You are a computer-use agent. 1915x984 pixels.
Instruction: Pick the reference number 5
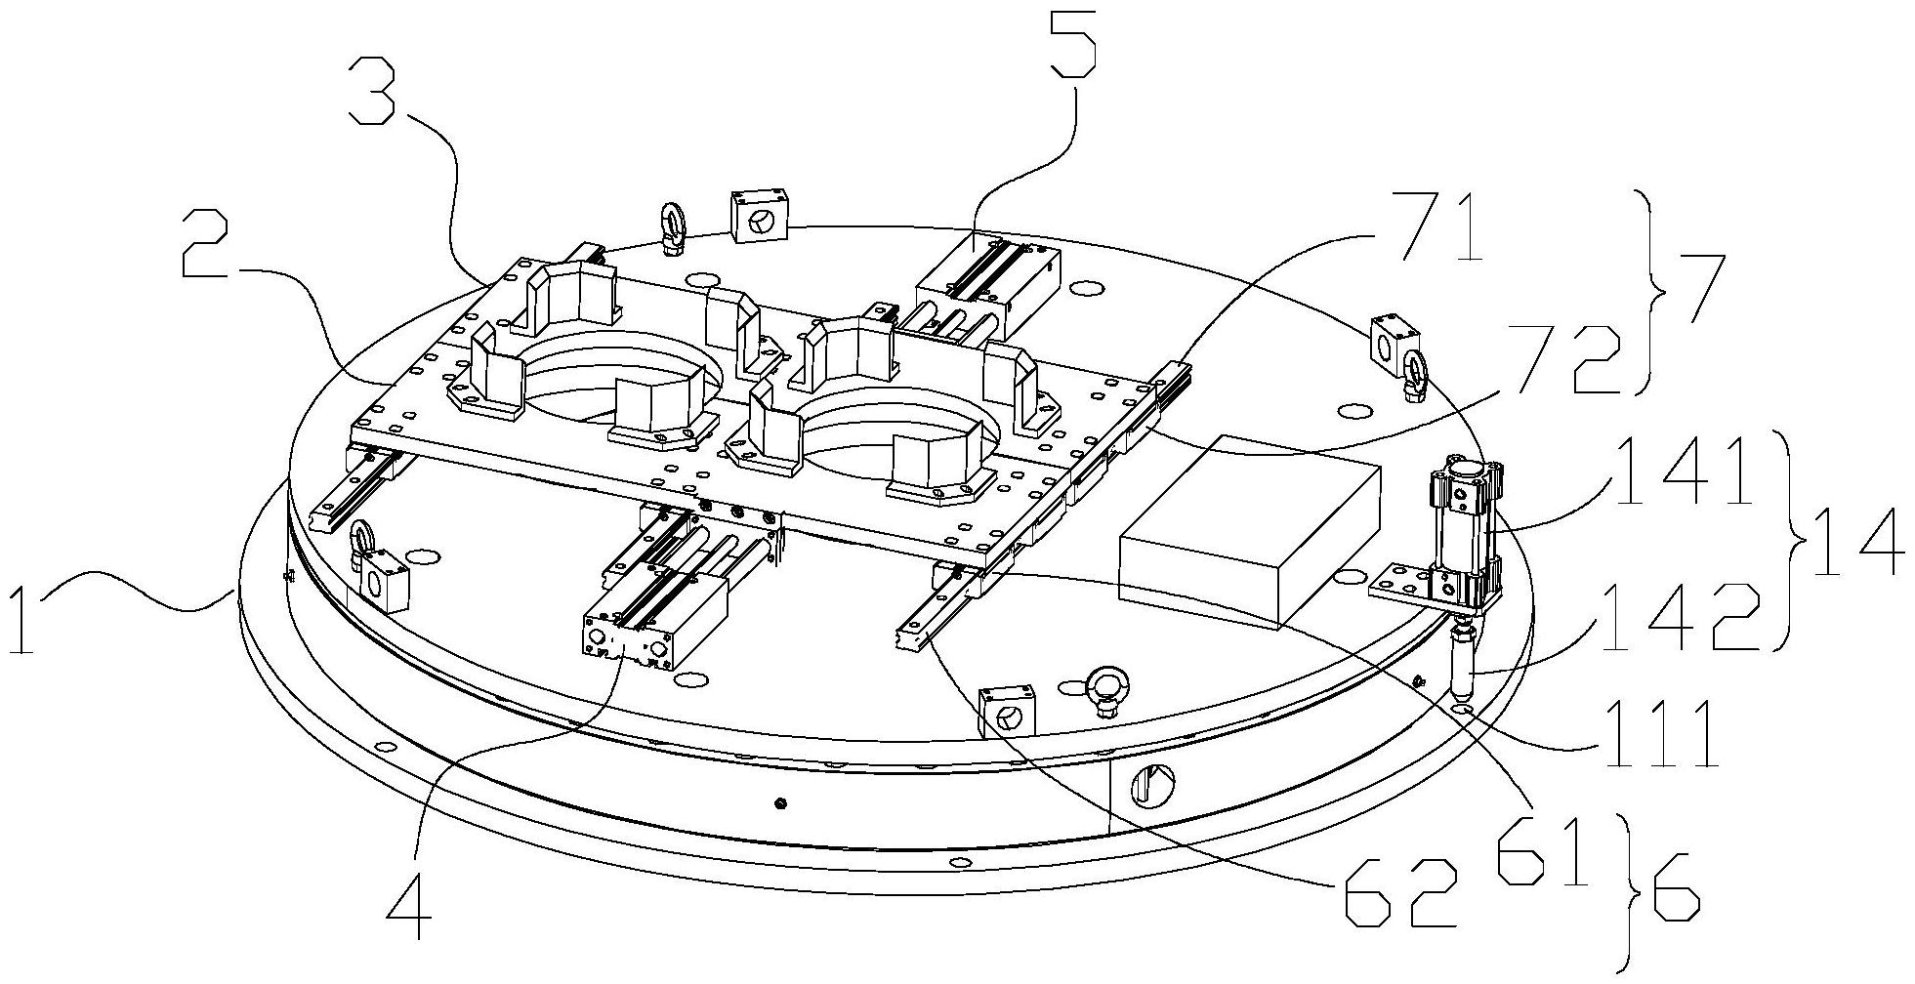tap(1071, 43)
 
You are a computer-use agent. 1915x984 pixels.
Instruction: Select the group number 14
tap(1855, 543)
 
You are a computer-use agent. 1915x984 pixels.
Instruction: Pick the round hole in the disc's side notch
tap(1151, 785)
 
